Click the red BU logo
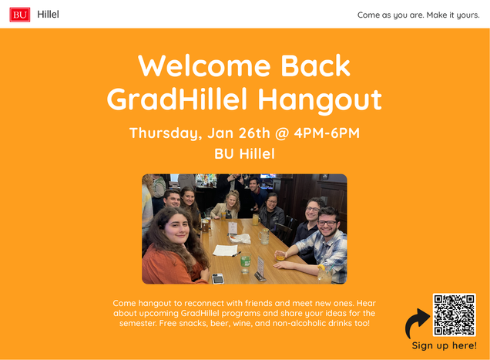click(20, 15)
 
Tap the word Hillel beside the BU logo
click(48, 15)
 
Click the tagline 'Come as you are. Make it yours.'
click(418, 15)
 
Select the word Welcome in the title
click(204, 66)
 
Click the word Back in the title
click(316, 66)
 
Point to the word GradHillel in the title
click(177, 99)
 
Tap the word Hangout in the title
click(320, 100)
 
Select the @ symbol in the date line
click(282, 133)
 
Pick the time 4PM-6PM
click(327, 133)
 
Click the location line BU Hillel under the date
click(244, 154)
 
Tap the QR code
click(454, 315)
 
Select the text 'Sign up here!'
click(444, 345)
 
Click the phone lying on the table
click(218, 278)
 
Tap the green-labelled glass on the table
click(245, 263)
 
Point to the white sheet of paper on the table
click(225, 251)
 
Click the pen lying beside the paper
click(237, 254)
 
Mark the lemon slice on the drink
click(321, 267)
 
